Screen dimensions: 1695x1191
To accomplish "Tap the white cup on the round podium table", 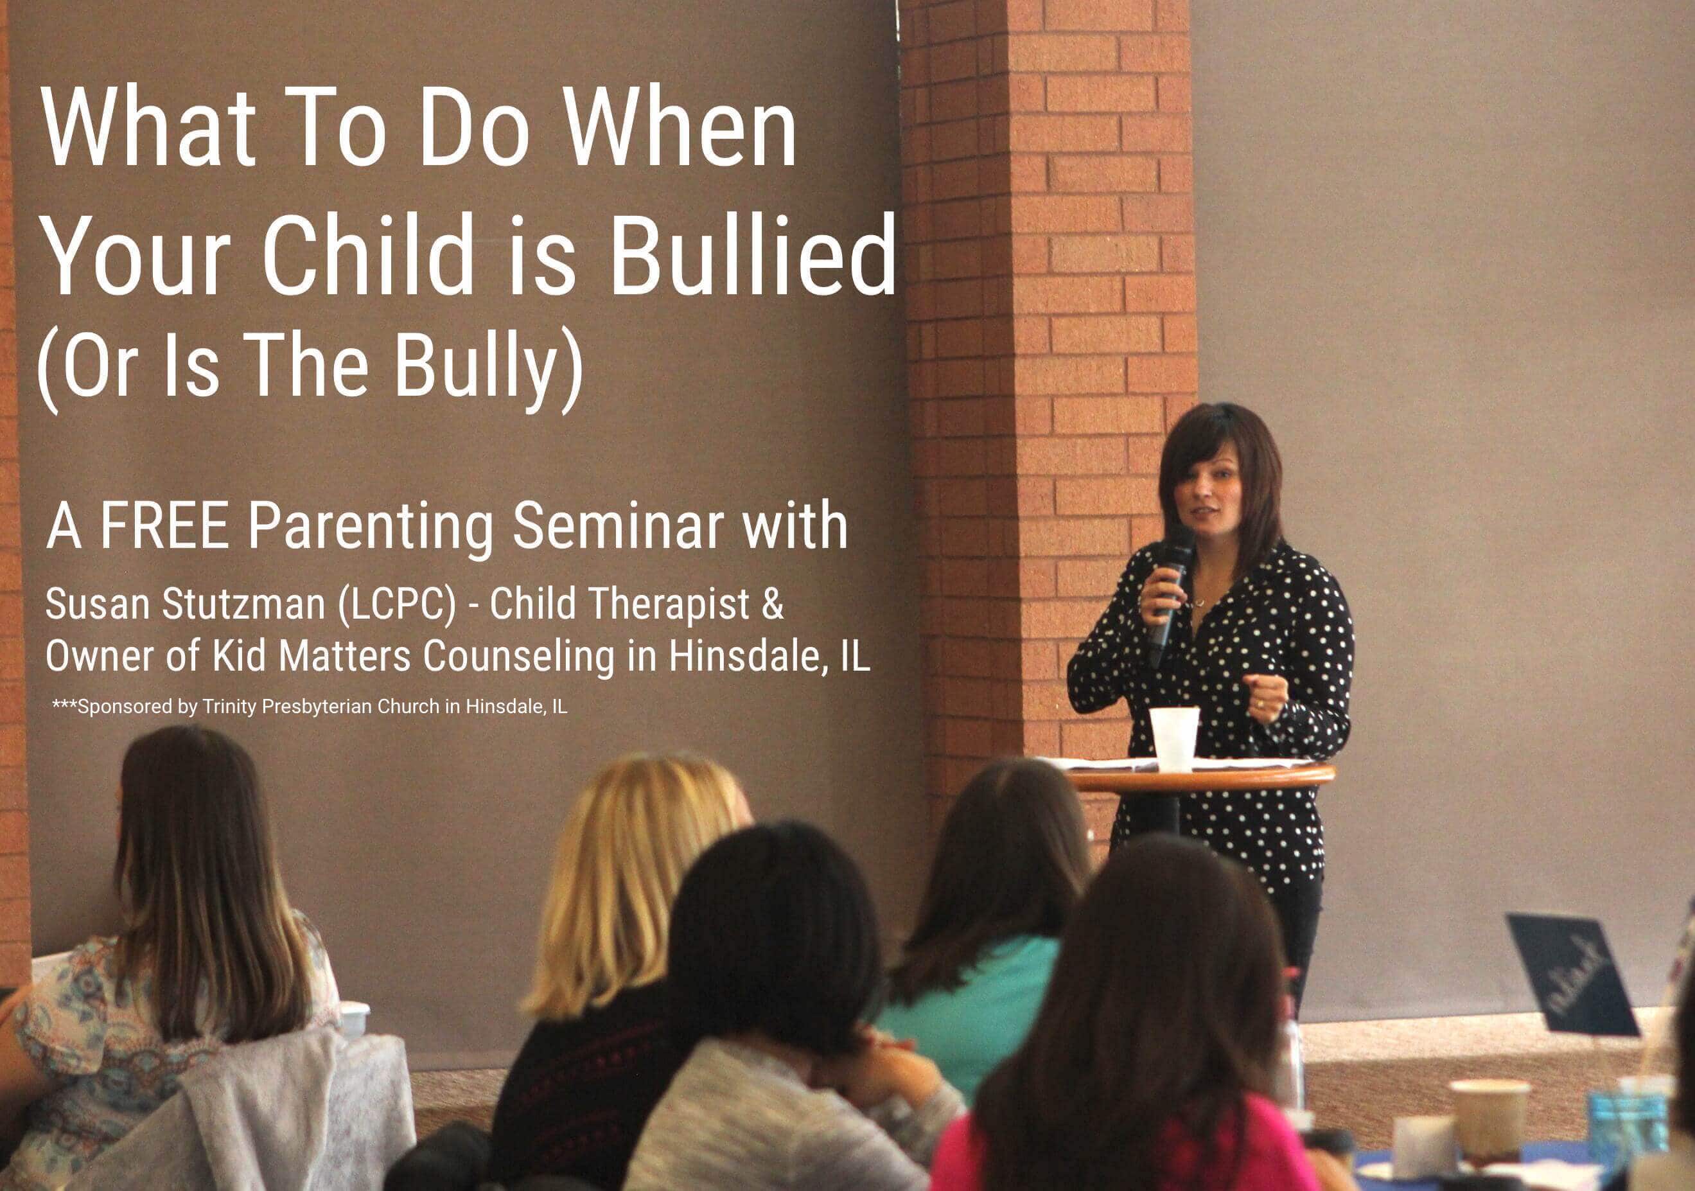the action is coord(1174,738).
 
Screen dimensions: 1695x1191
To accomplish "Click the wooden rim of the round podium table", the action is coord(1200,778).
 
